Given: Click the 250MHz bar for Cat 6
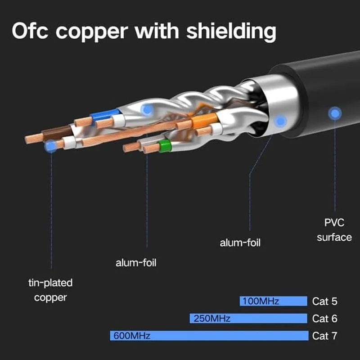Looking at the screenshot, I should click(x=248, y=319).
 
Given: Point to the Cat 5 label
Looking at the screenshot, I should click(x=324, y=301).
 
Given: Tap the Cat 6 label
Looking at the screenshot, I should click(x=324, y=319).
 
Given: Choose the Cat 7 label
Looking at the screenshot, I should click(x=324, y=336).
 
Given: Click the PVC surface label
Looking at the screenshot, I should click(x=334, y=230).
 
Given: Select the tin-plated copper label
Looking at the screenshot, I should click(x=50, y=290).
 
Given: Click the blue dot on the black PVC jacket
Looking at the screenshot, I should click(x=334, y=113).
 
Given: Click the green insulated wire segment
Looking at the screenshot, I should click(x=165, y=146).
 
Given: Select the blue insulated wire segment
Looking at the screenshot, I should click(x=105, y=115).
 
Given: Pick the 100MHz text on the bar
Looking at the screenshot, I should click(x=261, y=301).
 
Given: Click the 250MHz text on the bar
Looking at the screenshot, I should click(x=211, y=319).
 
